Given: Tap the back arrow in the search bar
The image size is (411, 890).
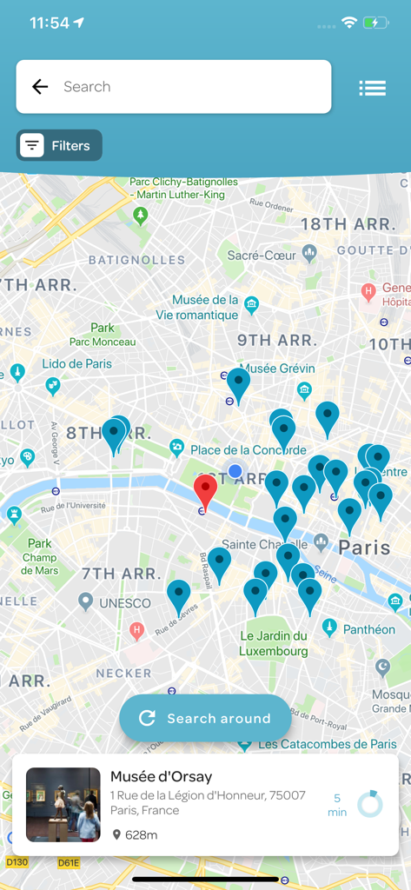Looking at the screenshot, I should (x=40, y=87).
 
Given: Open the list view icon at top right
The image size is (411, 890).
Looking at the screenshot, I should (x=372, y=88).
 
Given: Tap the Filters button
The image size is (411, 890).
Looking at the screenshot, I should (x=59, y=146).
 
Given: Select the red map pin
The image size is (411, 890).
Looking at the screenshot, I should (x=205, y=490).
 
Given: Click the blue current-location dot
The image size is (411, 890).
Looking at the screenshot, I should (x=235, y=471).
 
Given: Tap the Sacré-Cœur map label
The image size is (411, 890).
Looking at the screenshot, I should (x=262, y=256).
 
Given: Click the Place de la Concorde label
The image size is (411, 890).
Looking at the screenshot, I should (x=249, y=449).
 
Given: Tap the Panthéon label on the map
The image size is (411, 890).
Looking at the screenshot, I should (x=368, y=629).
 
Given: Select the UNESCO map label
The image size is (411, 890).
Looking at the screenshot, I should (x=124, y=603).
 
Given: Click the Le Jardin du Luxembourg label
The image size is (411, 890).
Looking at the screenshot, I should (x=274, y=643).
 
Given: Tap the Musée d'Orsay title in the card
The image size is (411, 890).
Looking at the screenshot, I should (x=161, y=777).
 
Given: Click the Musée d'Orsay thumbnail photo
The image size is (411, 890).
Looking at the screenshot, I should (x=63, y=805).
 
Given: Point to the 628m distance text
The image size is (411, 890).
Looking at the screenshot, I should (x=140, y=835).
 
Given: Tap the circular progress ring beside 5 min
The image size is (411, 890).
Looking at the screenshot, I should (x=370, y=804).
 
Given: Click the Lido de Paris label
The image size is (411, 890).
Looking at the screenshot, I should (x=76, y=363).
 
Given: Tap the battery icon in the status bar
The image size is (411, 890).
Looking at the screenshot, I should (x=375, y=23).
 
